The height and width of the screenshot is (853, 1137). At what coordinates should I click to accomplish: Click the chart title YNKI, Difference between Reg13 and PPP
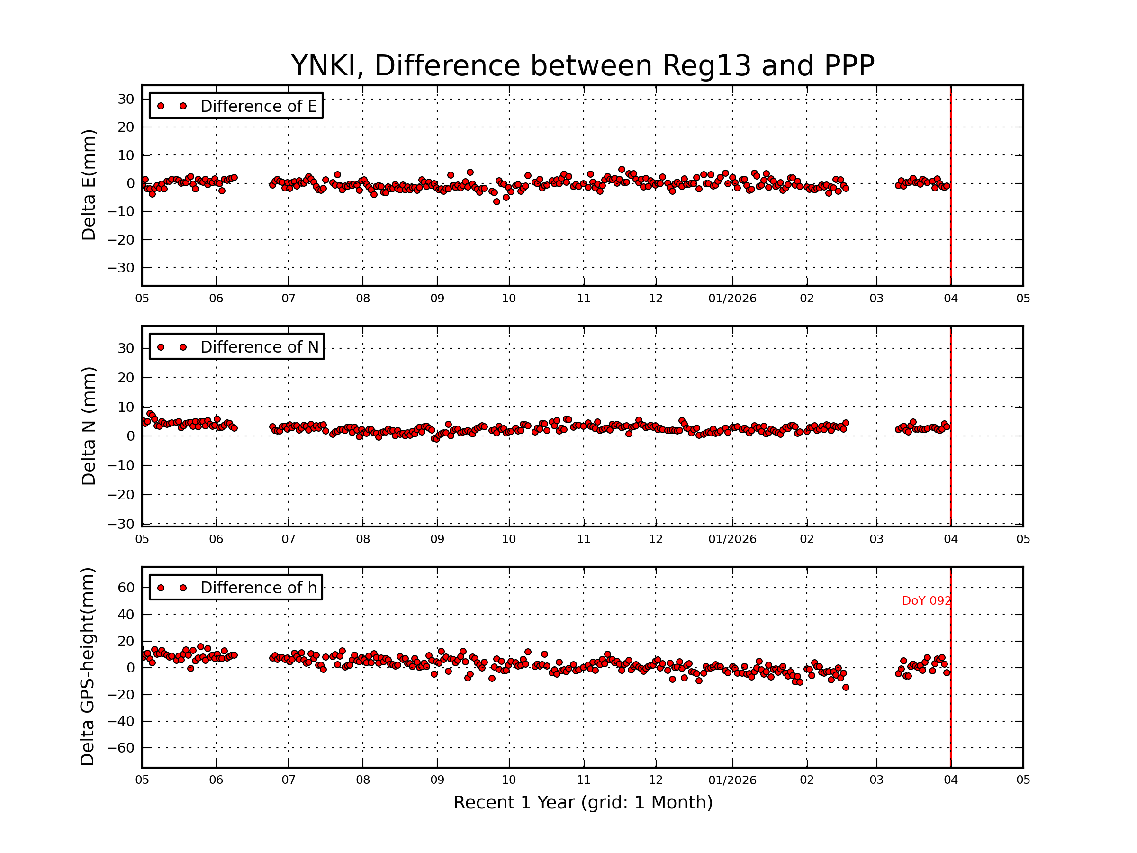pyautogui.click(x=582, y=66)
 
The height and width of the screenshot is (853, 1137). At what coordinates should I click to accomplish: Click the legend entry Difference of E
pyautogui.click(x=258, y=106)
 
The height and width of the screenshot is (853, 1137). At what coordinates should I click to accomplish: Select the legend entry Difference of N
pyautogui.click(x=259, y=347)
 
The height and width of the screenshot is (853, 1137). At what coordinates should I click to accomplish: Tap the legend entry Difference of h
pyautogui.click(x=258, y=588)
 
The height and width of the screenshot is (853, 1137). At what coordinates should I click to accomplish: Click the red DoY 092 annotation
pyautogui.click(x=926, y=600)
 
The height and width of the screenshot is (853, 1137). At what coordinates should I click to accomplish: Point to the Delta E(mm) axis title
pyautogui.click(x=89, y=185)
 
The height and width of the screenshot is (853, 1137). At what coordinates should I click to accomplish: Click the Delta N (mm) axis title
pyautogui.click(x=89, y=426)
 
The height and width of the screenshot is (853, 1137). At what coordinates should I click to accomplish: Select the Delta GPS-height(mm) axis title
pyautogui.click(x=87, y=667)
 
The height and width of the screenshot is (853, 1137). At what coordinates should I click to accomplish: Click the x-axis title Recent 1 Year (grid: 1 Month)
pyautogui.click(x=582, y=803)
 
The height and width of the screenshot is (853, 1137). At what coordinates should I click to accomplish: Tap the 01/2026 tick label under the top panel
pyautogui.click(x=732, y=299)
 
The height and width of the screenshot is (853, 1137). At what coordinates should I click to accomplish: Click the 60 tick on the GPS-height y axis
pyautogui.click(x=126, y=588)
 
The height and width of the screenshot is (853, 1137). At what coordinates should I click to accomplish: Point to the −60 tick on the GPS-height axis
pyautogui.click(x=122, y=748)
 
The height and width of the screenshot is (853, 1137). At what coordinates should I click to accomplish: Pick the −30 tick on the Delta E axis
pyautogui.click(x=122, y=268)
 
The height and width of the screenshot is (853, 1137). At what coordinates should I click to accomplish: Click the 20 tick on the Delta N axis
pyautogui.click(x=126, y=378)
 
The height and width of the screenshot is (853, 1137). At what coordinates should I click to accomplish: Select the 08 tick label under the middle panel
pyautogui.click(x=363, y=539)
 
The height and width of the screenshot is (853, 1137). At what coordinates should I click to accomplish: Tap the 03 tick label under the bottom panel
pyautogui.click(x=876, y=780)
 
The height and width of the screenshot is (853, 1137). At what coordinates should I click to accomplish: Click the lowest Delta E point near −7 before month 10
pyautogui.click(x=496, y=201)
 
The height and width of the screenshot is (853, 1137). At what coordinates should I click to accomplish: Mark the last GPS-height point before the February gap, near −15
pyautogui.click(x=846, y=688)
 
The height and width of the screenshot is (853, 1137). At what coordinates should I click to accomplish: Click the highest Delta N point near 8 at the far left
pyautogui.click(x=150, y=413)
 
